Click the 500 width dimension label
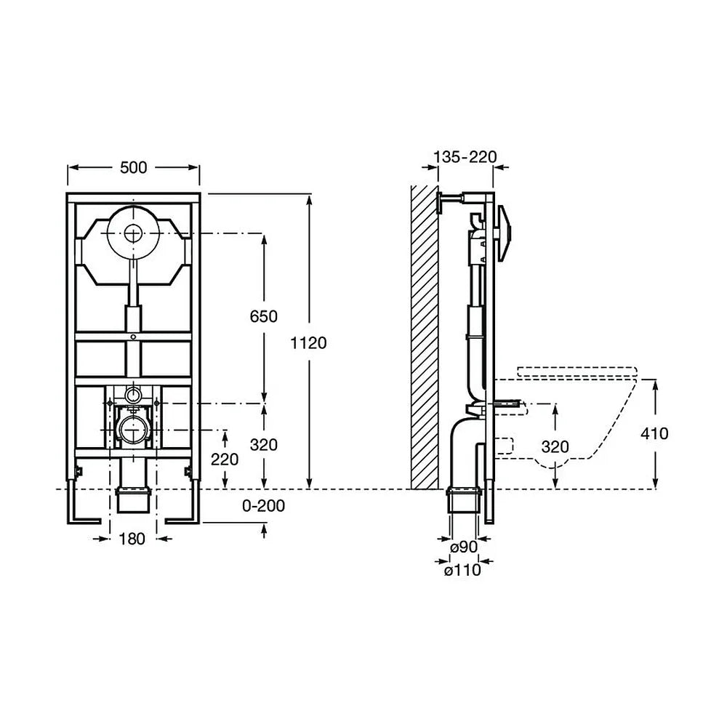[134, 167]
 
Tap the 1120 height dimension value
[308, 343]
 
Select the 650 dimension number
[264, 316]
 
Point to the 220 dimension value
[225, 459]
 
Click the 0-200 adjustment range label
[264, 506]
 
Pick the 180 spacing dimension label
[132, 539]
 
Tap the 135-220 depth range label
[465, 157]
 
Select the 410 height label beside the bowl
[655, 433]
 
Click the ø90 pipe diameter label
[464, 547]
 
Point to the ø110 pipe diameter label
[462, 570]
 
